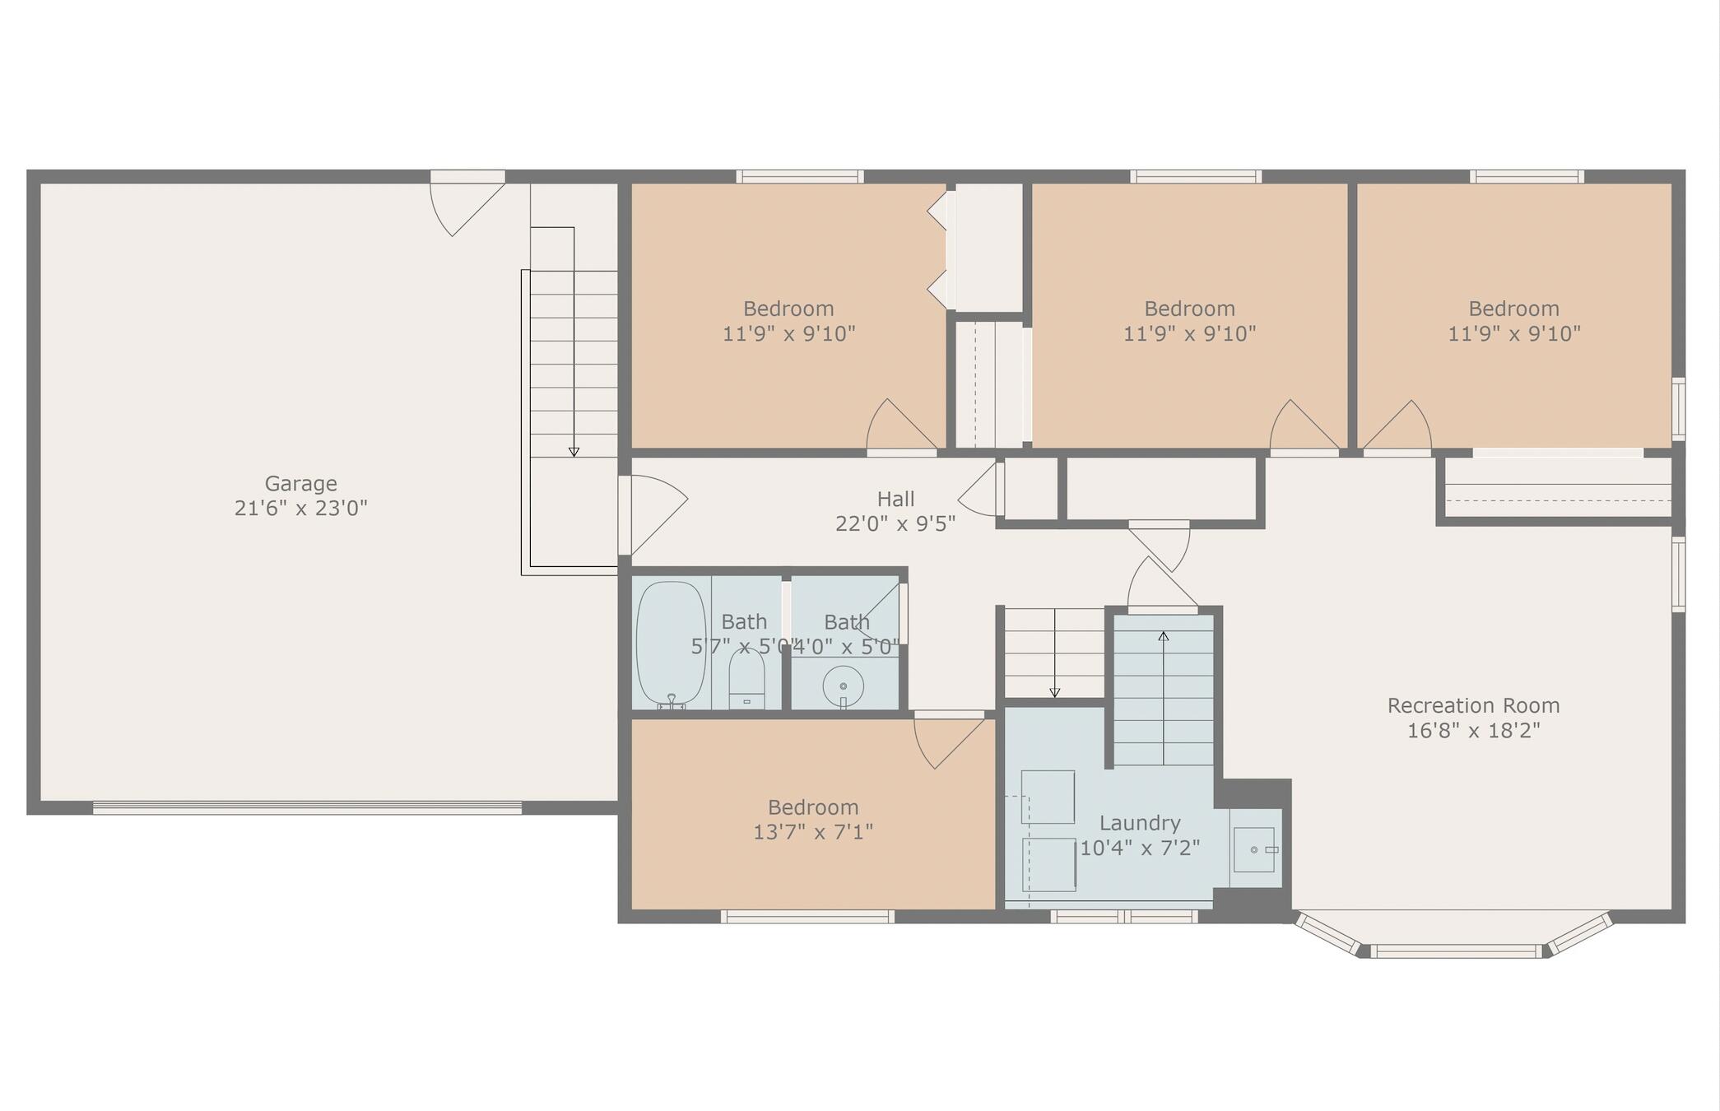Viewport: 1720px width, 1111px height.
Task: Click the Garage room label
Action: click(x=300, y=483)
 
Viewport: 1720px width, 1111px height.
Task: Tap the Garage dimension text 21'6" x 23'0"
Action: click(x=300, y=509)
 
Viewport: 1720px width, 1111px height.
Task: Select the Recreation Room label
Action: click(x=1473, y=705)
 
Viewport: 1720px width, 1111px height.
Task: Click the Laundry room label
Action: click(x=1140, y=822)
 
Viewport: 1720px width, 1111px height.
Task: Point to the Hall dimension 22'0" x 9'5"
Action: click(x=895, y=524)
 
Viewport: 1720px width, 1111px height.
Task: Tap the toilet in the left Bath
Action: click(x=746, y=680)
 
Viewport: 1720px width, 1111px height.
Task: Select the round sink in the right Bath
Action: click(x=843, y=686)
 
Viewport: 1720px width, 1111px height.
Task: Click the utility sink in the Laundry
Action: click(x=1254, y=849)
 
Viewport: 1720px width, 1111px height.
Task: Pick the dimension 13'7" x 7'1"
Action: click(x=813, y=832)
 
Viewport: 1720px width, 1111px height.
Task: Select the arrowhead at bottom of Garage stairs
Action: click(x=574, y=453)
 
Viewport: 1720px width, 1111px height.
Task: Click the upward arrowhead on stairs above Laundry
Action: click(x=1163, y=636)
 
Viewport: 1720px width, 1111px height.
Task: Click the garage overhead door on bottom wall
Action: click(x=307, y=808)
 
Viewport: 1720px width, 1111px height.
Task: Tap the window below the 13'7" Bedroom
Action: click(x=807, y=917)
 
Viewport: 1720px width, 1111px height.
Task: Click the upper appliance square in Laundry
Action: click(x=1048, y=797)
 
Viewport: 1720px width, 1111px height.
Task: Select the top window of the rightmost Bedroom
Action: click(x=1527, y=176)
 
